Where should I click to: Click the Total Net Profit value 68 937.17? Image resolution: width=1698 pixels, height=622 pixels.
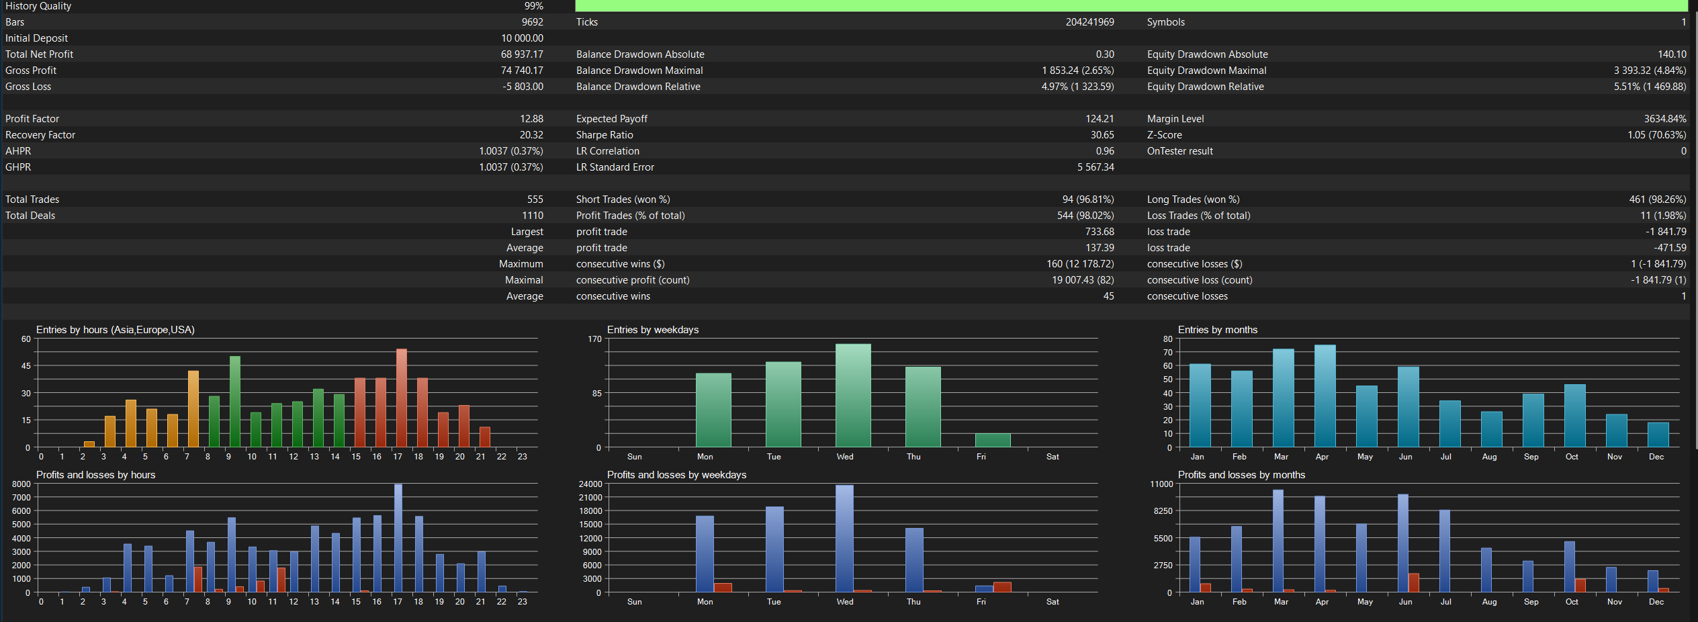tap(522, 54)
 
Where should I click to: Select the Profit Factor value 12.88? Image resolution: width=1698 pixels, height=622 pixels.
tap(531, 119)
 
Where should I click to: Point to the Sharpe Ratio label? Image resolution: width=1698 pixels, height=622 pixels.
tap(605, 135)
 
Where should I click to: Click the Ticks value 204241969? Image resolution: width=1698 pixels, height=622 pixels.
tap(1089, 22)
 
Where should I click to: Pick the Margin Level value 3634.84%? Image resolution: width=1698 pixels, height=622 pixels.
tap(1665, 119)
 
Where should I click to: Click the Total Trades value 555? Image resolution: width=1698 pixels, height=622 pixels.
tap(535, 199)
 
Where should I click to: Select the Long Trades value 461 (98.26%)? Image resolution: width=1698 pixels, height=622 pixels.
tap(1658, 199)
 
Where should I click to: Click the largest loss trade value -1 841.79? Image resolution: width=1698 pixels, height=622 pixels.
tap(1666, 232)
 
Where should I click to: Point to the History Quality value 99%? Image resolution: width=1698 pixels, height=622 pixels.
tap(534, 6)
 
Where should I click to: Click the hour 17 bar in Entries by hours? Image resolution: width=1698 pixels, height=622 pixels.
tap(402, 398)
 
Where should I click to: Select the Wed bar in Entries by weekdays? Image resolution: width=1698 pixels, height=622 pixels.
tap(853, 396)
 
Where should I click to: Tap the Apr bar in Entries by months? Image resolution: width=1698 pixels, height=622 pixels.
tap(1325, 396)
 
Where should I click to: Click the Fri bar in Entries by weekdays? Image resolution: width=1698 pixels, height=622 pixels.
tap(993, 441)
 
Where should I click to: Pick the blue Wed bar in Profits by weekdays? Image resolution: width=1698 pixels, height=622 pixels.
tap(844, 539)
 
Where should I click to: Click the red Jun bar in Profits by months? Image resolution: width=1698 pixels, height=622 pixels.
tap(1414, 583)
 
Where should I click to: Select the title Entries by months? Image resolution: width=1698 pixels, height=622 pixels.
tap(1218, 330)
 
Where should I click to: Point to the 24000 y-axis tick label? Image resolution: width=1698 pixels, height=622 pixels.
tap(590, 484)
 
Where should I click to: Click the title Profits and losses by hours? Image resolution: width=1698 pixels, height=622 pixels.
tap(95, 475)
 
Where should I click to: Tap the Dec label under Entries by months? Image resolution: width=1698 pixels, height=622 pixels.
tap(1656, 457)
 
